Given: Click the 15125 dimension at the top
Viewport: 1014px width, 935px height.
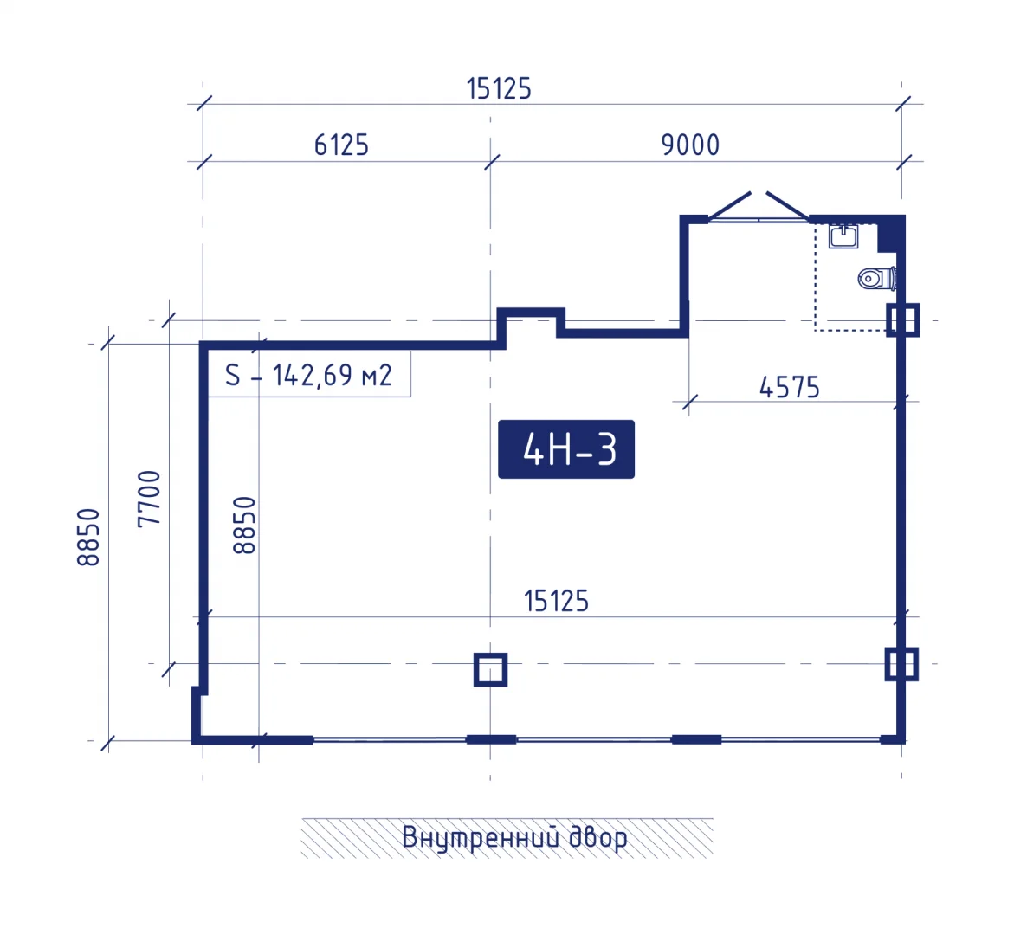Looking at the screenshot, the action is (499, 89).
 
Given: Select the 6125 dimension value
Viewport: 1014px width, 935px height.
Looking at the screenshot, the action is (341, 145).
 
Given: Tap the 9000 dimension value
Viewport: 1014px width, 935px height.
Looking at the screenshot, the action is (690, 145).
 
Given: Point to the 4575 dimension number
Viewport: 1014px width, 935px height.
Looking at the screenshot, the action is (789, 388).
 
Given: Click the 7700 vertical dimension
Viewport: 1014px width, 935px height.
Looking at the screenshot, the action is (149, 499).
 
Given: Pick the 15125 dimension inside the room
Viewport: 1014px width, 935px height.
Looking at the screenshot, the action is (556, 602).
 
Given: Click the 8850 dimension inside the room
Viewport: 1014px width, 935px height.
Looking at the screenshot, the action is (244, 525).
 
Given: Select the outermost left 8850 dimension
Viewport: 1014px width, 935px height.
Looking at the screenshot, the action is (88, 538).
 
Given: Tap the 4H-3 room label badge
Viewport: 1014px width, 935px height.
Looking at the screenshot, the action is (565, 449).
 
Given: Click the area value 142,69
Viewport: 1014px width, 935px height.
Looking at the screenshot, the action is (313, 375).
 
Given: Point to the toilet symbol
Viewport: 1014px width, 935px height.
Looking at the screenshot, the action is (876, 279).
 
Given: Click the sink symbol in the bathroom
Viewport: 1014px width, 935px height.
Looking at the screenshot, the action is (843, 236).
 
